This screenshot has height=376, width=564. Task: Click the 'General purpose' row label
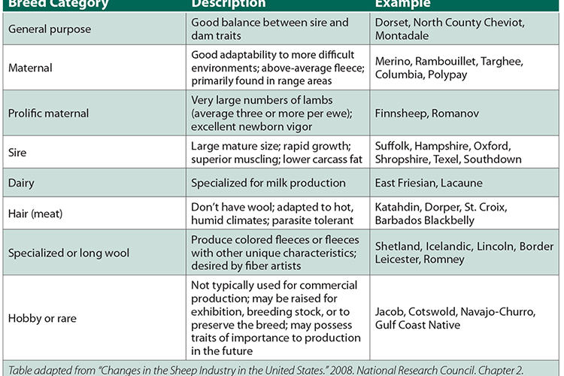(x=50, y=29)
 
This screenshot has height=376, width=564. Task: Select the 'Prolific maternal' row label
(x=49, y=114)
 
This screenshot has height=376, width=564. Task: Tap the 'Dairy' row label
(x=22, y=183)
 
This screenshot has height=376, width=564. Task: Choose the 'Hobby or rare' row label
(x=43, y=318)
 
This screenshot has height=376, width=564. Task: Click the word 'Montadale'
(x=403, y=36)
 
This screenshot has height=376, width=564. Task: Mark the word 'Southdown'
(x=492, y=159)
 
